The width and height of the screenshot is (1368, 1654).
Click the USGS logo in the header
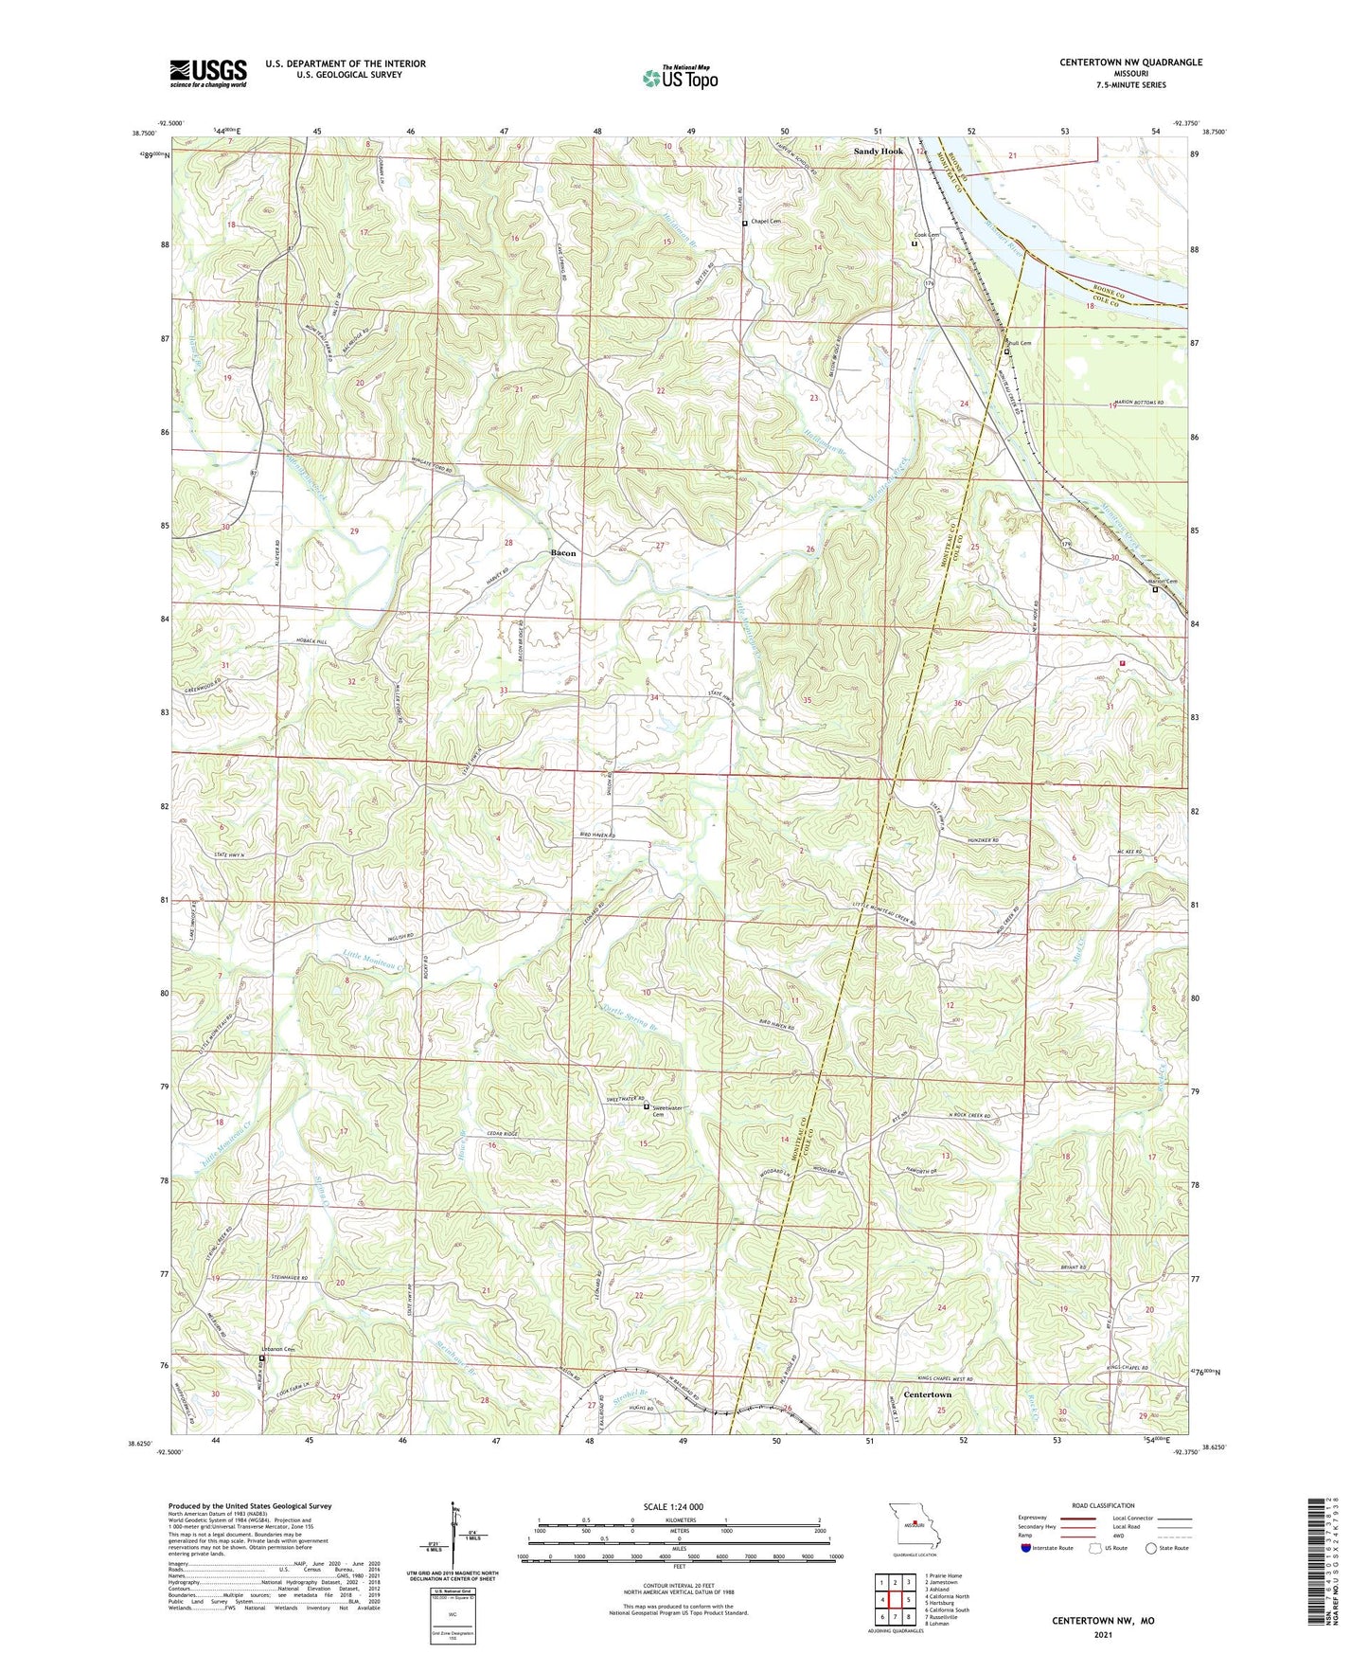[x=207, y=72]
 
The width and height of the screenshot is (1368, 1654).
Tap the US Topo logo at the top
[x=680, y=78]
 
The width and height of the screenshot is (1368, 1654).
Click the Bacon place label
[x=563, y=552]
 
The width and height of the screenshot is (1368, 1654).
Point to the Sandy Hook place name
[x=878, y=152]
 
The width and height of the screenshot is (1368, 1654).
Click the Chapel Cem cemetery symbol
[x=745, y=224]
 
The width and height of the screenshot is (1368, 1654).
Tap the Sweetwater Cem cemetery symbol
[x=647, y=1106]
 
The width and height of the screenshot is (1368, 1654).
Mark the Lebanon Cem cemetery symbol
[x=262, y=1358]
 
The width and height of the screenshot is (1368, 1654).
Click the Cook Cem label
[x=926, y=235]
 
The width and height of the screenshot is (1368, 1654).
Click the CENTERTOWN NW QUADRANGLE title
[x=1130, y=63]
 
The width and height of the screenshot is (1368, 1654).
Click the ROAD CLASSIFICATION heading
[x=1104, y=1505]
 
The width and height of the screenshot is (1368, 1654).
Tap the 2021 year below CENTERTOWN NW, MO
[x=1103, y=1635]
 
